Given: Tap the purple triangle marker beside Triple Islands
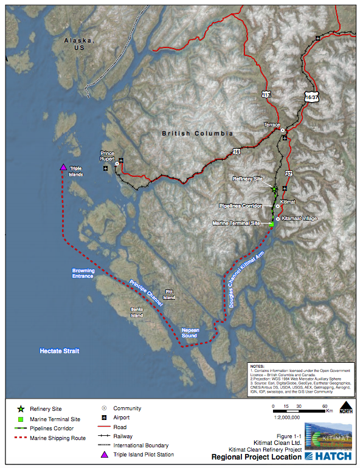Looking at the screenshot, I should (63, 167).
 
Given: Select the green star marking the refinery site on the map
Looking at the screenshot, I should (274, 189).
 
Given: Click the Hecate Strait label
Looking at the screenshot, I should (60, 351).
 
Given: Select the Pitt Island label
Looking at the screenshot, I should (169, 295).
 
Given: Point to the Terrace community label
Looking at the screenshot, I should (272, 124).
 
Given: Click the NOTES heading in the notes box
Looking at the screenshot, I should (258, 367).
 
